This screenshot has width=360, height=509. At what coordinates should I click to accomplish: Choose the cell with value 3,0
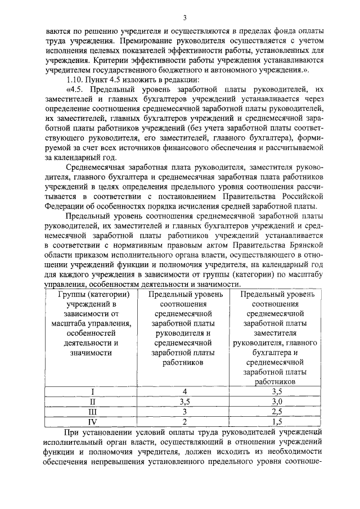tap(276, 401)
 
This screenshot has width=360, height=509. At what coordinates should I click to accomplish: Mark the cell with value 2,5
tap(276, 411)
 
